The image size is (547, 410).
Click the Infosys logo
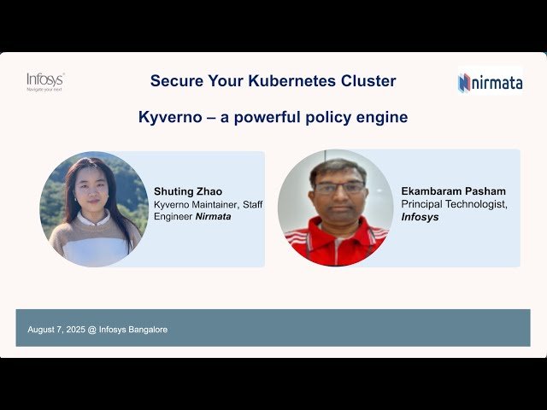(x=45, y=81)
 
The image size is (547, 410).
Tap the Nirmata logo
(x=490, y=82)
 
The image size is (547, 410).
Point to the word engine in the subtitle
(x=380, y=117)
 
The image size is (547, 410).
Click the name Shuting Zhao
(x=187, y=191)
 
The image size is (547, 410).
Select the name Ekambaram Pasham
(x=453, y=191)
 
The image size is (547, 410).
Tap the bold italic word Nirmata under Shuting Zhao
(x=213, y=217)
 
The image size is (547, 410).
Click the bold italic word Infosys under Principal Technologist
(x=420, y=217)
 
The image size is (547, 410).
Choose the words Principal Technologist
(x=452, y=204)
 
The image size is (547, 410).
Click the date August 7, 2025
(x=56, y=329)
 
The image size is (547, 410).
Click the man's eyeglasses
(x=338, y=188)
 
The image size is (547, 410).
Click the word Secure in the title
(x=176, y=81)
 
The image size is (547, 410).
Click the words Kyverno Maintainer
(x=195, y=204)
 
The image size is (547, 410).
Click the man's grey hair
(x=338, y=167)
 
